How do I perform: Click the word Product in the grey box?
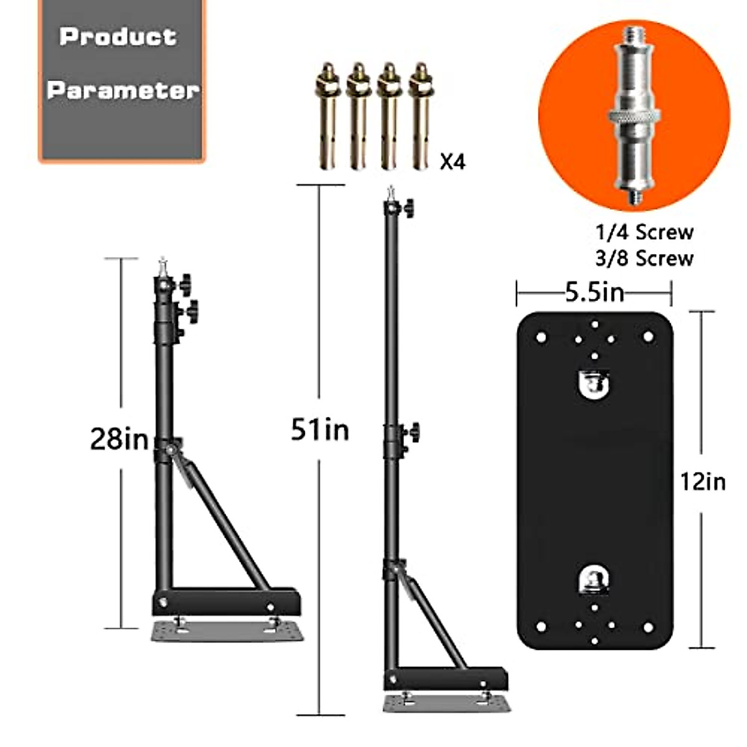(118, 36)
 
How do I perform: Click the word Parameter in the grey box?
(123, 90)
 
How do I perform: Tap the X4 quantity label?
(453, 162)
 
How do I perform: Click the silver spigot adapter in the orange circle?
(634, 116)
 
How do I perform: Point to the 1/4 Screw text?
(644, 232)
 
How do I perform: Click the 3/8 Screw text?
(644, 258)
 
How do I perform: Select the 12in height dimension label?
(703, 481)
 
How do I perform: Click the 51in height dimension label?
(320, 430)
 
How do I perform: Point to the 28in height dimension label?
(119, 439)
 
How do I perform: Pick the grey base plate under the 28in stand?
(227, 631)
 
